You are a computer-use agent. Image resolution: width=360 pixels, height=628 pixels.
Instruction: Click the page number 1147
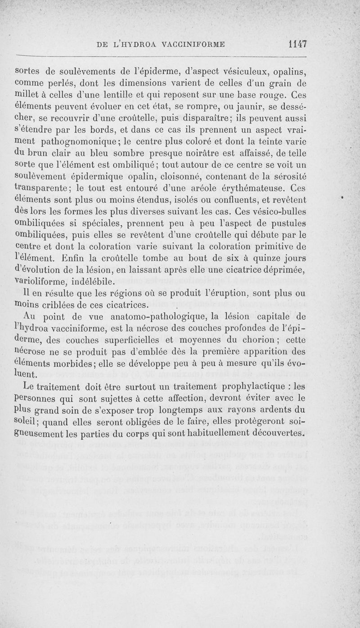(297, 44)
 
